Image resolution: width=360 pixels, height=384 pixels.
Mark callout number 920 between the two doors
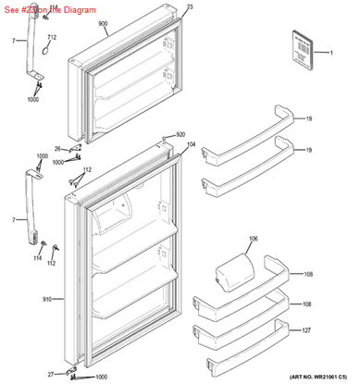point(181,134)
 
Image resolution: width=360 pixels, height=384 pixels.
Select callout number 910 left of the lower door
point(46,301)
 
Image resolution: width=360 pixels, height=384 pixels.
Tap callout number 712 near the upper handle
point(52,37)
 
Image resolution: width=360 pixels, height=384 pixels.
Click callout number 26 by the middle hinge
point(57,148)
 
